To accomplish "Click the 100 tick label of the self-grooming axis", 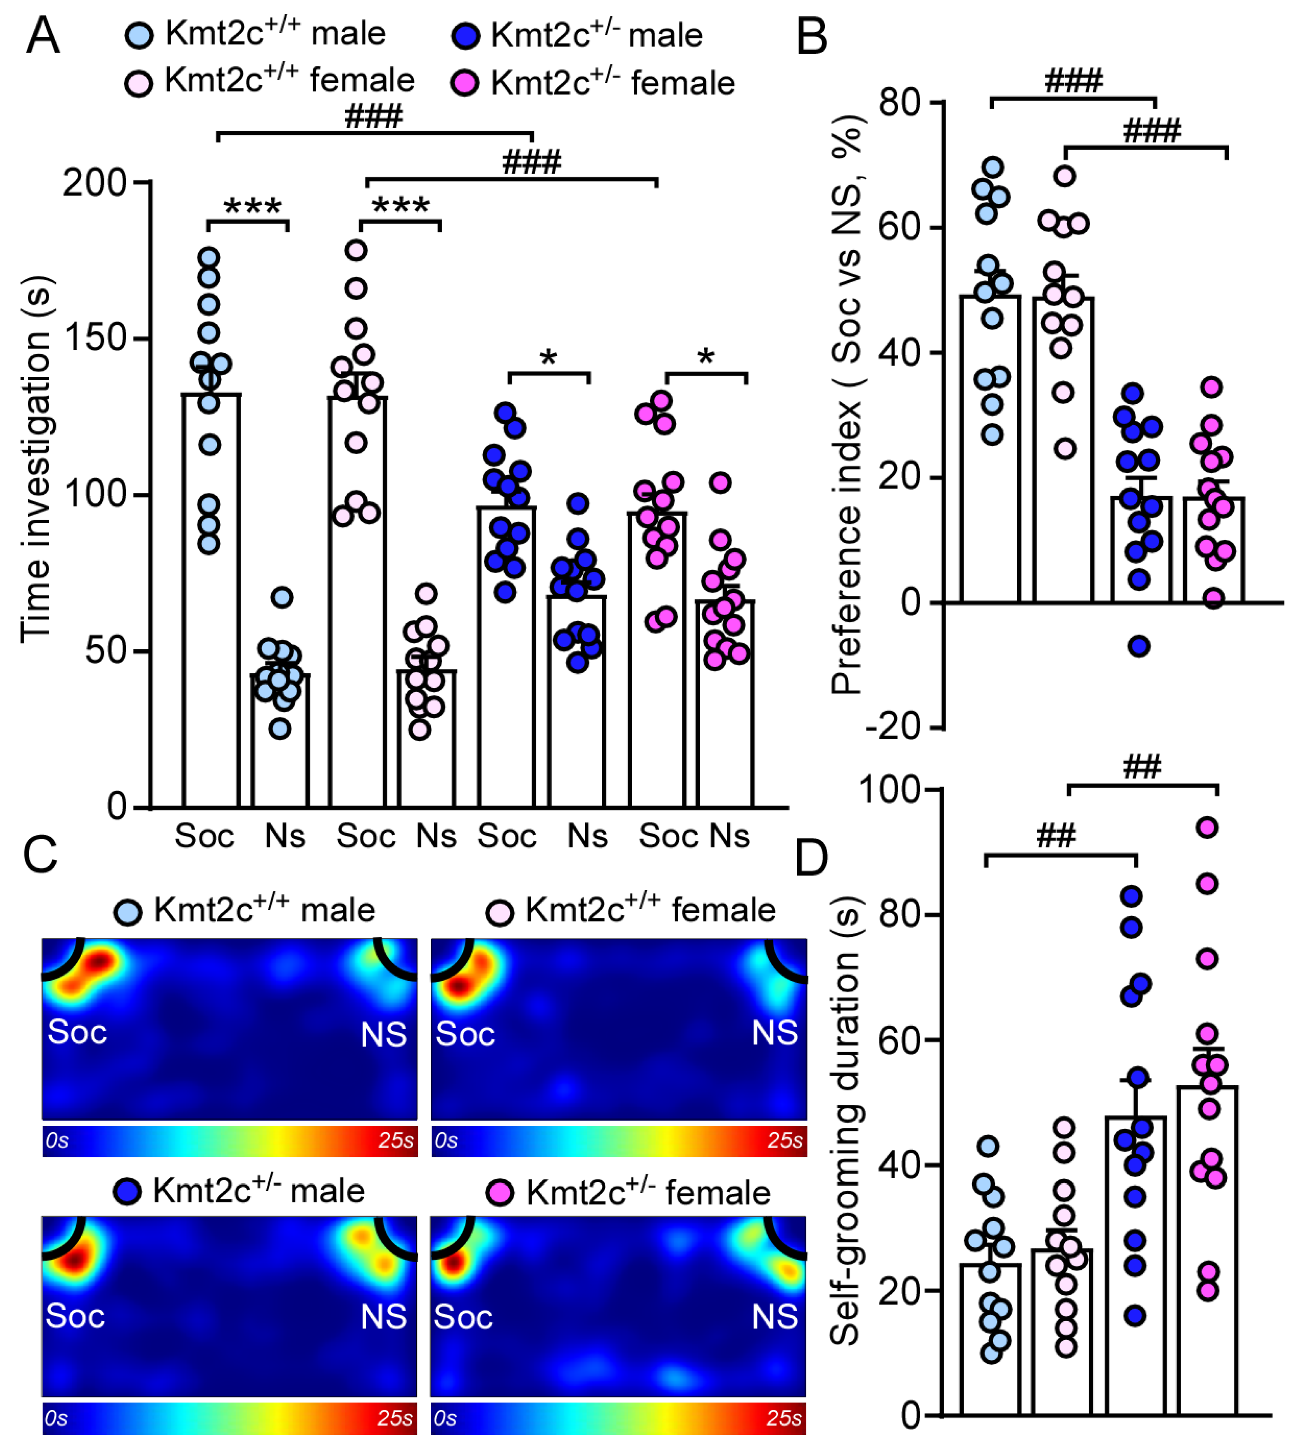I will click(890, 789).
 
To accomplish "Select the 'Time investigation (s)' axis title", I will click(36, 459).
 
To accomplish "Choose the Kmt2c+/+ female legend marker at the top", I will click(138, 83).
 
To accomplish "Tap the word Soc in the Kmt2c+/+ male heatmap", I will click(77, 1032).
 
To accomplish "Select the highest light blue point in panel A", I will click(209, 257).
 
